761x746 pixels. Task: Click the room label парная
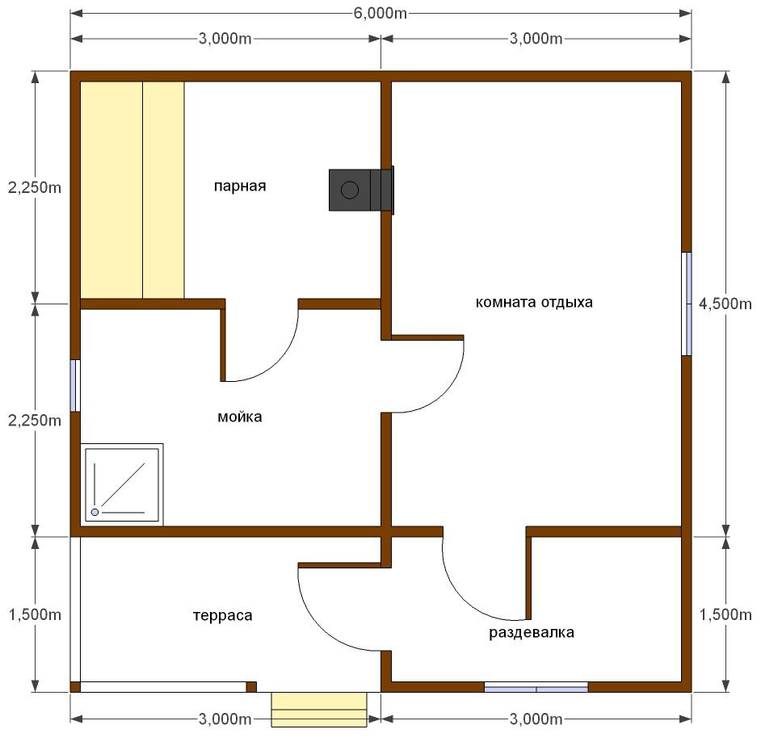point(240,186)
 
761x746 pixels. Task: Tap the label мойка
point(240,417)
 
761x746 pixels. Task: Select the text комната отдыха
point(534,302)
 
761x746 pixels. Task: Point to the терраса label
point(222,615)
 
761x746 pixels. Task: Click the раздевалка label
point(532,632)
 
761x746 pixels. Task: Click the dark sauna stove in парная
point(361,191)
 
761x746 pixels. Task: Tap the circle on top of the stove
point(350,190)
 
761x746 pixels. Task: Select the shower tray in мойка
point(122,484)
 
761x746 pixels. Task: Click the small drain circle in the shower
point(95,512)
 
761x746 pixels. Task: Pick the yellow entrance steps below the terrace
point(319,710)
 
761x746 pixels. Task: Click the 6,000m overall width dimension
point(380,13)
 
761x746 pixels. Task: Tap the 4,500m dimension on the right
point(725,304)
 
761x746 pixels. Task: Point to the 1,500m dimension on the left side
point(35,614)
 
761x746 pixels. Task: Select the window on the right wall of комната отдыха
point(686,304)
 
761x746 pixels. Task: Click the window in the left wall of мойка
point(75,386)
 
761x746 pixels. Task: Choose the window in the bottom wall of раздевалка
point(536,687)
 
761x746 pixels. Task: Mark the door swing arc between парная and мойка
point(277,360)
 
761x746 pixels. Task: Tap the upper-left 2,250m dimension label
point(35,187)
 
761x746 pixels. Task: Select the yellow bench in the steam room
point(132,191)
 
